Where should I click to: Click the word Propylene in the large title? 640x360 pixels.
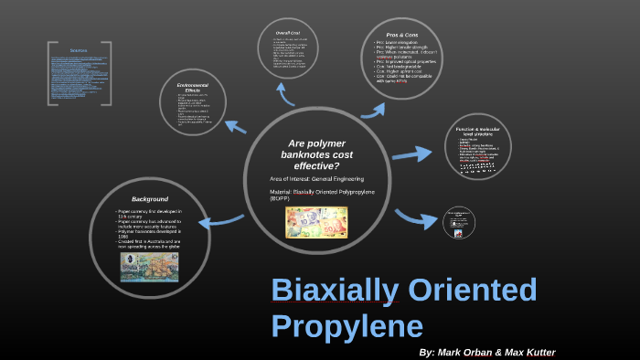pyautogui.click(x=347, y=326)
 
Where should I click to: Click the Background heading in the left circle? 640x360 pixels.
pyautogui.click(x=149, y=197)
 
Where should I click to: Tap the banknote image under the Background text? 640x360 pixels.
pyautogui.click(x=149, y=266)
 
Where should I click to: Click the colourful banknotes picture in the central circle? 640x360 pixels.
pyautogui.click(x=315, y=222)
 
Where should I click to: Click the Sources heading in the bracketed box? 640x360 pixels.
pyautogui.click(x=79, y=52)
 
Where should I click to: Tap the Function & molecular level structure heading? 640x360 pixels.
pyautogui.click(x=475, y=132)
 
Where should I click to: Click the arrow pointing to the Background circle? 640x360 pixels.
pyautogui.click(x=219, y=220)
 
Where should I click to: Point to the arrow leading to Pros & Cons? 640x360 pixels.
pyautogui.click(x=374, y=109)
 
